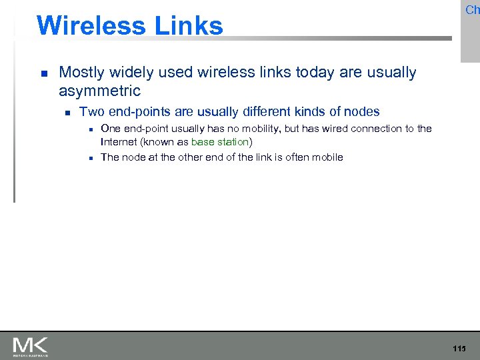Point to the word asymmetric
click(x=100, y=91)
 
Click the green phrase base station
click(x=220, y=142)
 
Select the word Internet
click(x=118, y=142)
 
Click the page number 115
click(x=459, y=349)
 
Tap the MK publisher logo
click(x=30, y=346)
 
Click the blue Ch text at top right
click(x=472, y=10)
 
